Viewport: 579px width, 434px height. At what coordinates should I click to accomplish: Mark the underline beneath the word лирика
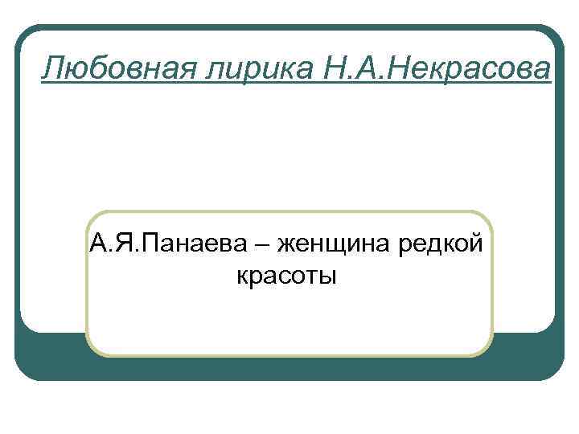(244, 82)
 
